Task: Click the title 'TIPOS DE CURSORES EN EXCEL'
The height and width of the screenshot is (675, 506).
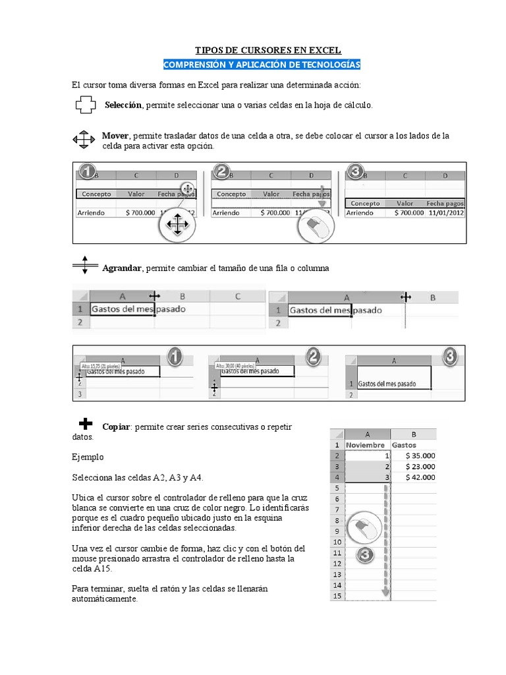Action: [268, 50]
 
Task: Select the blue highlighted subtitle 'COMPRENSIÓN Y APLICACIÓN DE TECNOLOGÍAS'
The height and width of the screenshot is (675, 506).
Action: [262, 65]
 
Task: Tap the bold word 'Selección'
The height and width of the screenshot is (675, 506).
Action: [123, 105]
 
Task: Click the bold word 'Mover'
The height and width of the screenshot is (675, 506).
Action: [115, 136]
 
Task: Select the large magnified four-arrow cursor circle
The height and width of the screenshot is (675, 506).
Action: [177, 225]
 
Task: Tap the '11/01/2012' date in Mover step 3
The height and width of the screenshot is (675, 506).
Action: [445, 213]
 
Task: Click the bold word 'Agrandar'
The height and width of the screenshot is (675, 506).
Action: [122, 268]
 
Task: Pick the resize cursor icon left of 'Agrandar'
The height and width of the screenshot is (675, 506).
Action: [84, 265]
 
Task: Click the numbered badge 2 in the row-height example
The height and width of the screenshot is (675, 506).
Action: [314, 357]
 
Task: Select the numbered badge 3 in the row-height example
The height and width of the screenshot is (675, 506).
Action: [449, 357]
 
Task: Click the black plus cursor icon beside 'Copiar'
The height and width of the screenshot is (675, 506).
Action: [86, 423]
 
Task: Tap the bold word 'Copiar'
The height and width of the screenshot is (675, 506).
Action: [116, 427]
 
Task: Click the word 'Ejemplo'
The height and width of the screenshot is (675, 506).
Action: [87, 457]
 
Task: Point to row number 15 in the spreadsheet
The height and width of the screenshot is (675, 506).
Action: [337, 596]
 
